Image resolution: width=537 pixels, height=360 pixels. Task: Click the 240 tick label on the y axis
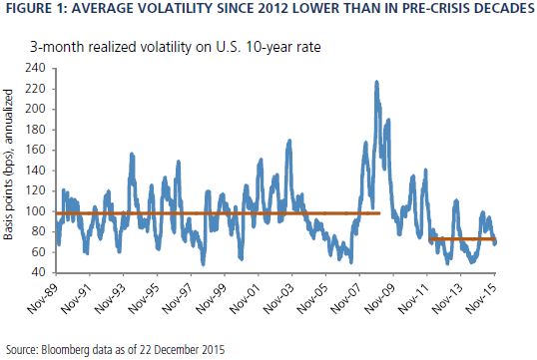35,68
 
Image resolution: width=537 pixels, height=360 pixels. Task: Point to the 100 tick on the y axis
35,211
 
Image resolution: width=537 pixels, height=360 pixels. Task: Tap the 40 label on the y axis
38,272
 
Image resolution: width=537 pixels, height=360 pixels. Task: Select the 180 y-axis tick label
35,130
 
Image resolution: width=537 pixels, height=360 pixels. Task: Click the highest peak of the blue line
376,82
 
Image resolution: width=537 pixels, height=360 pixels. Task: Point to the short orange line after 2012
462,238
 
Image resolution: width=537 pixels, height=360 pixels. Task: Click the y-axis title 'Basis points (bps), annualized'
8,165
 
